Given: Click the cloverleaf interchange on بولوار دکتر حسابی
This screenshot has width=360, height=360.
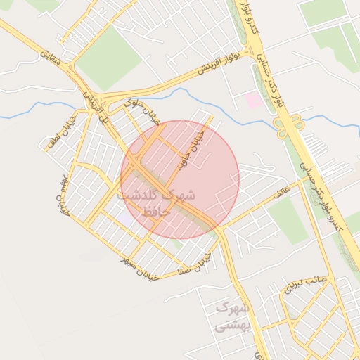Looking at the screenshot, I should [288, 128].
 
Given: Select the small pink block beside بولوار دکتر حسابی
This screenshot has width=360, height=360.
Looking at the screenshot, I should [254, 101].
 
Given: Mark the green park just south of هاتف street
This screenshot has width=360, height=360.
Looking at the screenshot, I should [288, 220].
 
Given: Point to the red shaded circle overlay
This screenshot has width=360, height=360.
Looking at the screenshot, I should [180, 179].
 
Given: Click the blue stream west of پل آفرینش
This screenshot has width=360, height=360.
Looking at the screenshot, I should [35, 109].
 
